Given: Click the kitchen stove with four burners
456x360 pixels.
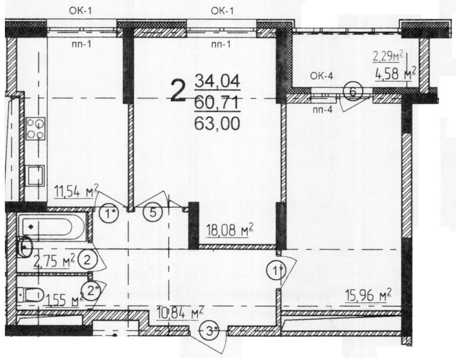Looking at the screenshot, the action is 36,129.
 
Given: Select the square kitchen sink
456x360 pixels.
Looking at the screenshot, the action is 36,175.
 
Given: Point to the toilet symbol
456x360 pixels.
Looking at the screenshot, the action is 30,295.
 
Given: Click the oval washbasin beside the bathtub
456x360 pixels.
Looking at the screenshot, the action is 25,247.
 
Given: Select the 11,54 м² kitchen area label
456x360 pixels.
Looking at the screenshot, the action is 77,192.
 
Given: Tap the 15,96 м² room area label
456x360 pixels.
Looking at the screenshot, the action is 368,296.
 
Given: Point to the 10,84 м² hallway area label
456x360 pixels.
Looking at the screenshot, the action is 180,312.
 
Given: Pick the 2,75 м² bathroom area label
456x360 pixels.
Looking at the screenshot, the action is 54,261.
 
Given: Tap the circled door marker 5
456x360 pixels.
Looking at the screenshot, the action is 153,213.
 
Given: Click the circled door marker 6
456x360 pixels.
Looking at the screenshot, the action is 353,92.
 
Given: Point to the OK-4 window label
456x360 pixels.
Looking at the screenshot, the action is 322,76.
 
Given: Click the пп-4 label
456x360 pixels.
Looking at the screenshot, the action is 322,110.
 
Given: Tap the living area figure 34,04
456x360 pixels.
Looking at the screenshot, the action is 217,81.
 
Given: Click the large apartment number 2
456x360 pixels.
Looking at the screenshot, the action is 178,90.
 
